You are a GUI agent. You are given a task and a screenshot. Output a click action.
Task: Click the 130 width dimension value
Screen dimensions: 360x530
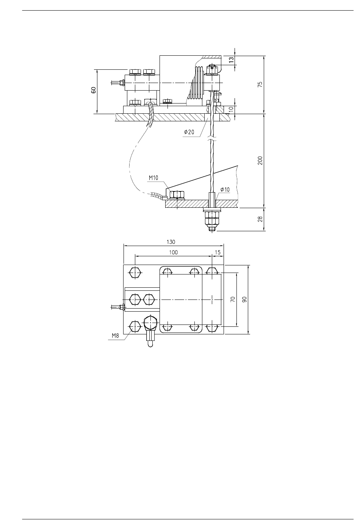click(x=171, y=242)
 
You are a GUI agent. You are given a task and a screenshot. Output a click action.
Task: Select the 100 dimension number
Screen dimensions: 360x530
click(x=174, y=252)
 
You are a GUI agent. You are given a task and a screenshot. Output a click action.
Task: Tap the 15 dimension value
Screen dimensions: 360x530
click(x=218, y=252)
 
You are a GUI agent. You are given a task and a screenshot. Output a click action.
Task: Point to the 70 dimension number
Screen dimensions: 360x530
click(x=233, y=299)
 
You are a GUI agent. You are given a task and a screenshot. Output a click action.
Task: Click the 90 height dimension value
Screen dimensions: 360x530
click(x=244, y=299)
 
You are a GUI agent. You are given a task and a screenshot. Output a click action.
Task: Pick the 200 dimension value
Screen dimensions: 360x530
click(x=260, y=161)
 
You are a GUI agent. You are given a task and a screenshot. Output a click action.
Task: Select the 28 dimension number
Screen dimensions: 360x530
click(x=260, y=219)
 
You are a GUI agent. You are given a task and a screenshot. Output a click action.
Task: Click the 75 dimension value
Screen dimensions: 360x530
click(x=260, y=85)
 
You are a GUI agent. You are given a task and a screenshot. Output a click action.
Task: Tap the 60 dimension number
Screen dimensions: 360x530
click(x=94, y=90)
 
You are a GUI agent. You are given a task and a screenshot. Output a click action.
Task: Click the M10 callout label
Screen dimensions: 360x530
click(x=153, y=178)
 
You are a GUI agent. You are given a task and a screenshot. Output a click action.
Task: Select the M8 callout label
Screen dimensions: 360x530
click(x=116, y=336)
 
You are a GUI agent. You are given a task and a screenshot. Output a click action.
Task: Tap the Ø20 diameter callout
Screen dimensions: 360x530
click(x=189, y=132)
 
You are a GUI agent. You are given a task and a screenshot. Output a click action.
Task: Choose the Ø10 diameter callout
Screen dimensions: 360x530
click(x=225, y=190)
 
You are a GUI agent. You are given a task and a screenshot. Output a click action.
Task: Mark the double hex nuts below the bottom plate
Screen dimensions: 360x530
click(x=212, y=218)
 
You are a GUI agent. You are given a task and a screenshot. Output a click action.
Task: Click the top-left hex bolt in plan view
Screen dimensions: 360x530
click(x=135, y=273)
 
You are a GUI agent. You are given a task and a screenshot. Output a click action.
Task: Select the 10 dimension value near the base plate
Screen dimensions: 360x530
click(x=231, y=109)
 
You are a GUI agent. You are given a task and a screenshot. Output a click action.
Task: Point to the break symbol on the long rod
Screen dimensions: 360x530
click(x=212, y=138)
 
